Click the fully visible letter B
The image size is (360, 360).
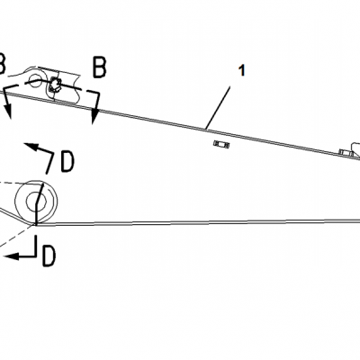tap(100, 67)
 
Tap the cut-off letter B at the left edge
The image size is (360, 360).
tap(2, 64)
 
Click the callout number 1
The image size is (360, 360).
tap(242, 70)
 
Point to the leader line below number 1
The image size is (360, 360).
tap(218, 108)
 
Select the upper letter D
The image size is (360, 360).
tap(67, 162)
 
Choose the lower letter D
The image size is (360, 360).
tap(49, 256)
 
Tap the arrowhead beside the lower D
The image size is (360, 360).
tap(11, 256)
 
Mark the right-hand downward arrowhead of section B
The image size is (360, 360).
tap(95, 116)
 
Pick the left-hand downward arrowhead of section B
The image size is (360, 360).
tap(8, 110)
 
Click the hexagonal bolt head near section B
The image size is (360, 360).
tap(54, 85)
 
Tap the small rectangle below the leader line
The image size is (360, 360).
tap(221, 145)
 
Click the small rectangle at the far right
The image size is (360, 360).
tap(346, 153)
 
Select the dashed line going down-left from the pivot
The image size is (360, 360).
tap(16, 236)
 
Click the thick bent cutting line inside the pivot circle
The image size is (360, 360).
tap(38, 204)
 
